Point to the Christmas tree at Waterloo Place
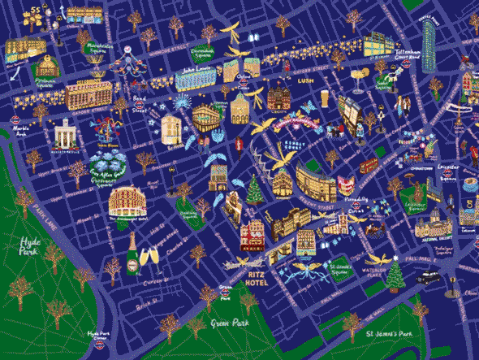pos(395,276)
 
